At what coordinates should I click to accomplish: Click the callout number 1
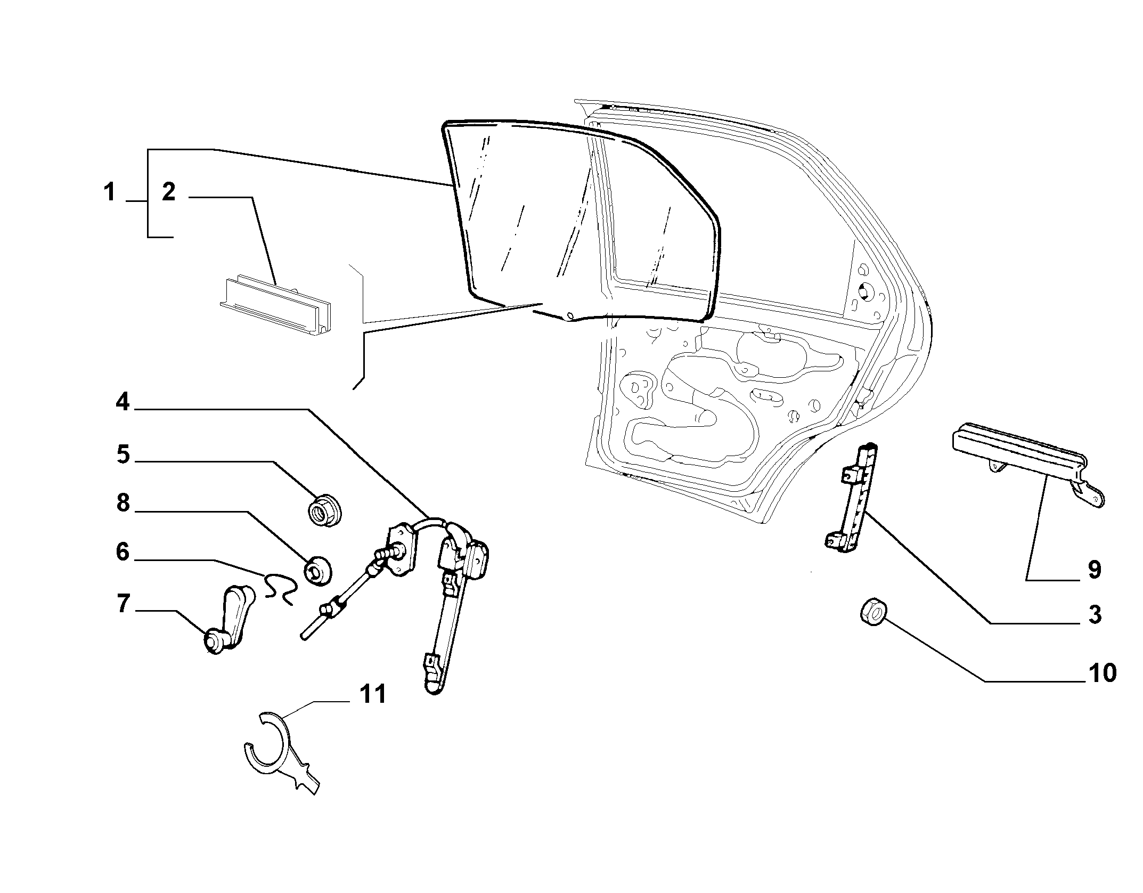pyautogui.click(x=109, y=192)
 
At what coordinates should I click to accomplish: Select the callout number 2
pyautogui.click(x=169, y=192)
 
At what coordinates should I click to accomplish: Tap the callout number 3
pyautogui.click(x=1094, y=614)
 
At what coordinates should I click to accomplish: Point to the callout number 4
pyautogui.click(x=123, y=402)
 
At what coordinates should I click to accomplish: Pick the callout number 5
pyautogui.click(x=123, y=454)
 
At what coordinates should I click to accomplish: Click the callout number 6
pyautogui.click(x=123, y=552)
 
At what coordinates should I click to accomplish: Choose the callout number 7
pyautogui.click(x=123, y=604)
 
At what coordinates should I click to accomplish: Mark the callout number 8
pyautogui.click(x=123, y=502)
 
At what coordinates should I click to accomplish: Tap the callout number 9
pyautogui.click(x=1094, y=570)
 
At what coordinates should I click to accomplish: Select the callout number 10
pyautogui.click(x=1102, y=673)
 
